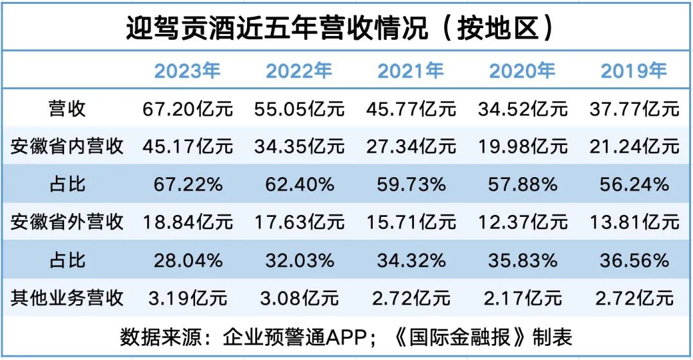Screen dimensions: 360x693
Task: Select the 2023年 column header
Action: pos(187,71)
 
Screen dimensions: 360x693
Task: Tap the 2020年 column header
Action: pos(522,71)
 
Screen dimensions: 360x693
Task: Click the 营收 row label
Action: pos(67,108)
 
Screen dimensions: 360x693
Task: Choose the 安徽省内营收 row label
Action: pos(67,146)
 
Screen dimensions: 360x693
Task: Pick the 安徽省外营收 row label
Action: pos(67,222)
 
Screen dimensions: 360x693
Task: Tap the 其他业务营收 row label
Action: pos(67,298)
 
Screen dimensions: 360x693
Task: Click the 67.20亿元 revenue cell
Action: pos(187,108)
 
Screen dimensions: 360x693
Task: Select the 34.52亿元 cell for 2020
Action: pos(522,108)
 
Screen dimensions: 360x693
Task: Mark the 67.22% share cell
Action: pos(187,184)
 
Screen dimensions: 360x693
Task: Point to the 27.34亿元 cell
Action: pos(411,146)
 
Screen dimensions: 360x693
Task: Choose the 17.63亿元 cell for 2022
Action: pos(299,222)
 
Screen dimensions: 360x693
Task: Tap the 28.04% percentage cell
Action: pos(187,260)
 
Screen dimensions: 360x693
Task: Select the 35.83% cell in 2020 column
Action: pos(522,260)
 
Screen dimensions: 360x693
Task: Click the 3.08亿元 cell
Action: pos(299,298)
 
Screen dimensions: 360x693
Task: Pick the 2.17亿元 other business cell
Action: pos(522,298)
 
